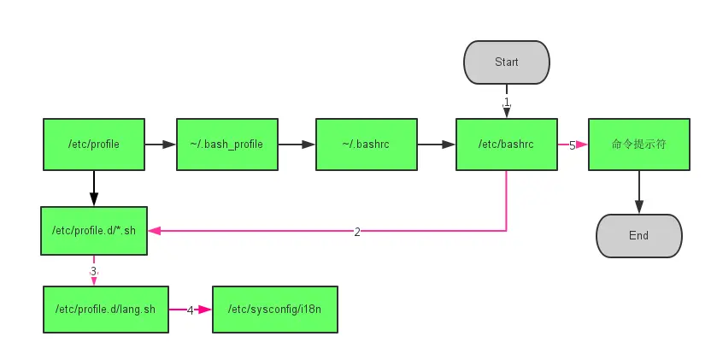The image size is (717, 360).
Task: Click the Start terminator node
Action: (x=507, y=62)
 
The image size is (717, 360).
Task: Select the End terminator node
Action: (x=639, y=235)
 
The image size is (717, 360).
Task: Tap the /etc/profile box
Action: (x=94, y=145)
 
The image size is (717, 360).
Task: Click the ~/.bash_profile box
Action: (x=226, y=145)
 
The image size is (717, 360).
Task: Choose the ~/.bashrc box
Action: (x=367, y=145)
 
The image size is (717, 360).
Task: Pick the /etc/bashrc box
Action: (x=507, y=145)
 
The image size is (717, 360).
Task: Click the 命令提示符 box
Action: (x=639, y=145)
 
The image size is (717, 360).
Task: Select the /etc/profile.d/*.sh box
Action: (x=94, y=231)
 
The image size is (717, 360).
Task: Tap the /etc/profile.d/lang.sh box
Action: (x=106, y=310)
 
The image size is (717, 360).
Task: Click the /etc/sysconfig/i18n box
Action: (x=275, y=310)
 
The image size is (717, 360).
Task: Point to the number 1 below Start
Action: (x=507, y=102)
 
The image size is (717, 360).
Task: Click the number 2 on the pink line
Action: (x=357, y=232)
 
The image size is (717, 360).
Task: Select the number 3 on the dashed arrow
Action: (x=94, y=271)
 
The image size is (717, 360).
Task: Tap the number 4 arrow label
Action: (x=191, y=310)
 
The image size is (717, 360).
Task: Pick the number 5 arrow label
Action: (x=572, y=146)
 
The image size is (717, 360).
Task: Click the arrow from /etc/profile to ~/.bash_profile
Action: (x=161, y=145)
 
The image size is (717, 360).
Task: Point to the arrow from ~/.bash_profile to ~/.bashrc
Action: (x=297, y=145)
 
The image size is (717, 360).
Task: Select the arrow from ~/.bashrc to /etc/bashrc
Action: (x=437, y=145)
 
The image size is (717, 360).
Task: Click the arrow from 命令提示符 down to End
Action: (x=639, y=192)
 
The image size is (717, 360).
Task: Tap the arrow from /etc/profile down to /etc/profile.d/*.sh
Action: (x=94, y=188)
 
